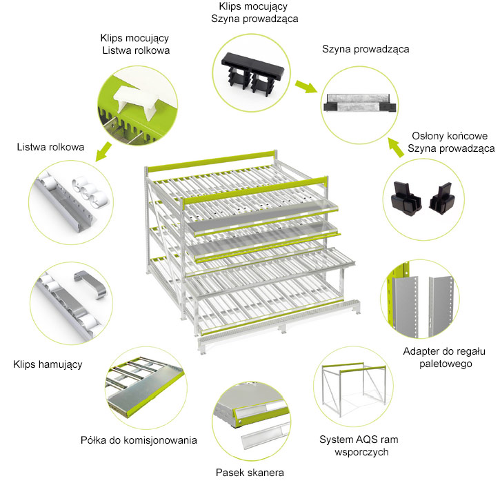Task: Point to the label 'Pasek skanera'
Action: [x=250, y=472]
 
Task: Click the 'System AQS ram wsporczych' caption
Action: [x=359, y=445]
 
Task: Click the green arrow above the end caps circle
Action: [x=395, y=146]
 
